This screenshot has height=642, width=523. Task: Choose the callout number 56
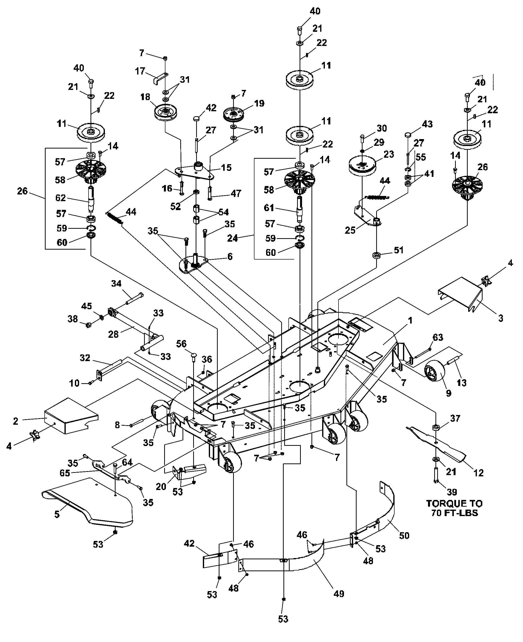coord(181,344)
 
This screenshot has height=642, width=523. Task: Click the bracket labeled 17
coord(160,78)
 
